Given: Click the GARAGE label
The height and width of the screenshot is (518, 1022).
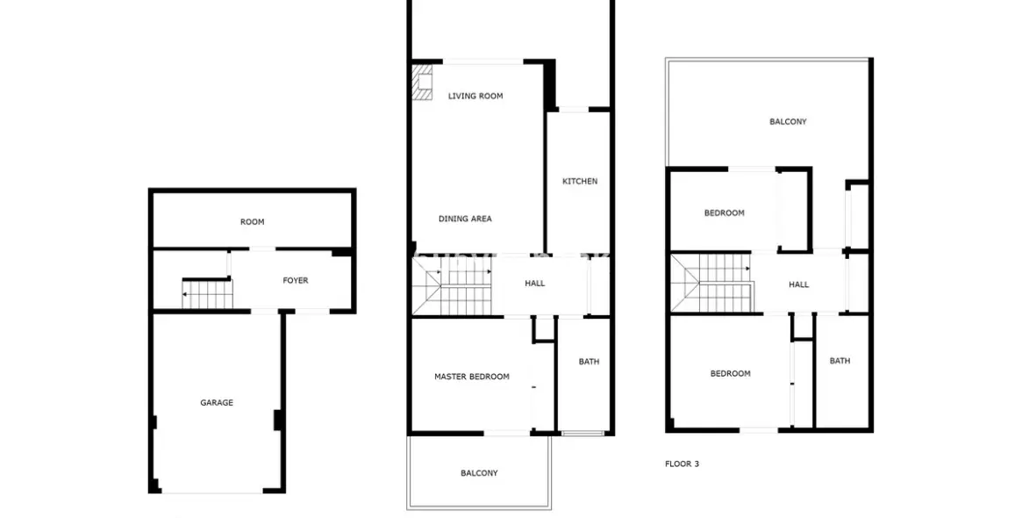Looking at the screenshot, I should coord(217,403).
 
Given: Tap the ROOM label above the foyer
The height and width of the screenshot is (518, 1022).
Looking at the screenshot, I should coord(252,222).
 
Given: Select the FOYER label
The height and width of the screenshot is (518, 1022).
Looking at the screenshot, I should coord(295,281).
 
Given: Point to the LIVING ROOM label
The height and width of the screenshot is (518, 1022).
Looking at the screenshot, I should coord(475,96).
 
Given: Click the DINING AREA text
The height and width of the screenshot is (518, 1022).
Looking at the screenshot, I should coord(465,219).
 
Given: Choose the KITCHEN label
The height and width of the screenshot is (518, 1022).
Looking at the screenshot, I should coord(580,182).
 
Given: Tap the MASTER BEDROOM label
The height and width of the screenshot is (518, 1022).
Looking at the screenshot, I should coord(471,377).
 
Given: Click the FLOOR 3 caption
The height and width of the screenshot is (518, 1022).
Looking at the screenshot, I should coord(682,464).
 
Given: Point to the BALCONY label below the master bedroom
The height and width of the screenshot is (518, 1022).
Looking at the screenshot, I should coord(479,473).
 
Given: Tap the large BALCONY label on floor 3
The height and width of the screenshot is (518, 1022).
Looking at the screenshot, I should coord(788,122).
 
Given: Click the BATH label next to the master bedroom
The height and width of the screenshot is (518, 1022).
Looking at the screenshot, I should coord(589,362).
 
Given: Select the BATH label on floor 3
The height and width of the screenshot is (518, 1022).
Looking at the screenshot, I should coord(840,361).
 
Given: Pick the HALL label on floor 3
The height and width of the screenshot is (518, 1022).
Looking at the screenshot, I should coord(798,284).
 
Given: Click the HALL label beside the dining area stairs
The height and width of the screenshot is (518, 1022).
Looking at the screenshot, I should coord(534,284).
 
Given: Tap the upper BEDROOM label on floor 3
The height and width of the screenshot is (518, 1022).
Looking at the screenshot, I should coord(724,213).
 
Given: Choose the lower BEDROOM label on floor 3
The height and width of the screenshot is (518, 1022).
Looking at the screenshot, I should coord(730,374).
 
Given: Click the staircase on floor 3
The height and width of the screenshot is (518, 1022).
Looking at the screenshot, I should coord(715,283).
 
